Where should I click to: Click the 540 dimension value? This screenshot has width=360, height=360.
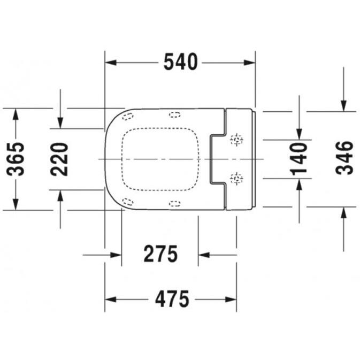click(180, 63)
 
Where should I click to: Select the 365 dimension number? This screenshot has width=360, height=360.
click(18, 159)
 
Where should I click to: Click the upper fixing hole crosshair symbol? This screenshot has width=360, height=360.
click(236, 141)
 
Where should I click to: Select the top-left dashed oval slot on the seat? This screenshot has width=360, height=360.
click(128, 116)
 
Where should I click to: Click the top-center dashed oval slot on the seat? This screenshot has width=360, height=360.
click(174, 114)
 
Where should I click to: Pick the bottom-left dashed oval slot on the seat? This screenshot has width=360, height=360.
click(128, 201)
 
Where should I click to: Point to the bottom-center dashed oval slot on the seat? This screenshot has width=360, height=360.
click(174, 203)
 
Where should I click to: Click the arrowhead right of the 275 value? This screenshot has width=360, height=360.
click(204, 255)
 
